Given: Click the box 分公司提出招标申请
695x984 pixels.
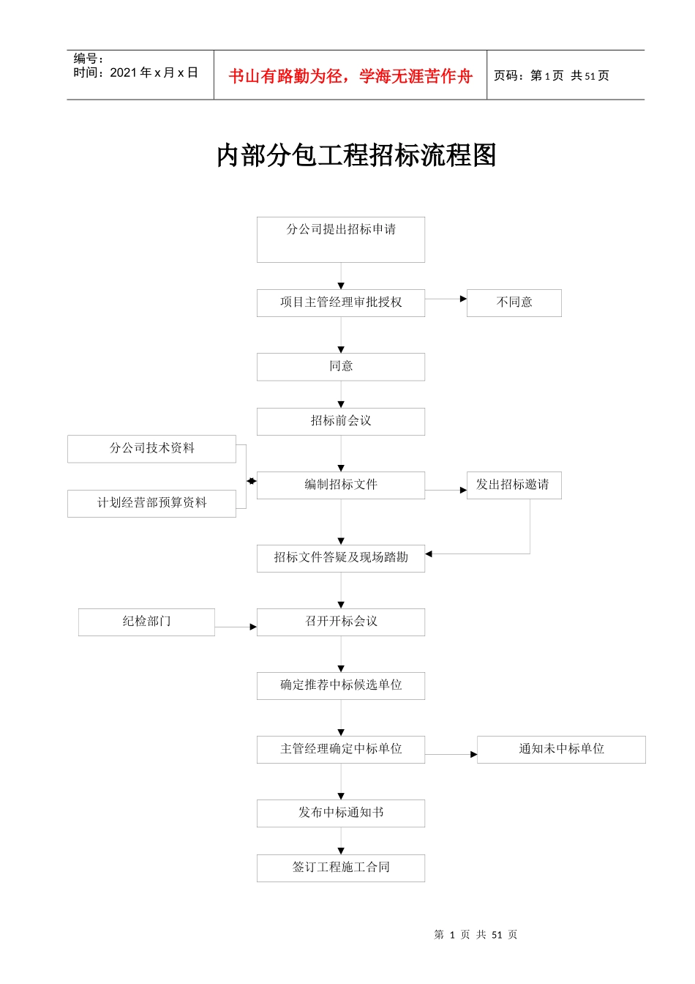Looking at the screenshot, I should [x=340, y=239].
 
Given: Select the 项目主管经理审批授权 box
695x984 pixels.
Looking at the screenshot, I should [x=340, y=302].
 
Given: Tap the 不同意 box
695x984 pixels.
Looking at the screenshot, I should [x=514, y=302].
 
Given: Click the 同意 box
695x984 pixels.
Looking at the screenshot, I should [x=340, y=366].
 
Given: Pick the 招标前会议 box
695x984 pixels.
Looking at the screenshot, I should [x=340, y=421].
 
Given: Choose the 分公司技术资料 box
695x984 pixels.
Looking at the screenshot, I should [x=151, y=448].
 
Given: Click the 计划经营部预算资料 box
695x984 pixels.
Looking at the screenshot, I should [x=151, y=503].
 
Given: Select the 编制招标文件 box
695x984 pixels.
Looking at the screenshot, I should [x=340, y=485].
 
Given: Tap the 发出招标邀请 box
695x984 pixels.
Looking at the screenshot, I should [x=514, y=485].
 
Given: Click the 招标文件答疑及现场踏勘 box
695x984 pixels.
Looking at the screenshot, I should [x=340, y=557].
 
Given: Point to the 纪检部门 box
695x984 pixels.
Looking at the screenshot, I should [x=146, y=622].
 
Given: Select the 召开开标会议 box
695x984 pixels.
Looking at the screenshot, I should [x=340, y=622].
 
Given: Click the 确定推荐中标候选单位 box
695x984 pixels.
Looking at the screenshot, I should [x=340, y=685].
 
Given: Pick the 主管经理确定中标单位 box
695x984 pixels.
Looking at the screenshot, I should [x=340, y=749].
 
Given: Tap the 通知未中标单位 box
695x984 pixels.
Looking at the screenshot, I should [x=561, y=749].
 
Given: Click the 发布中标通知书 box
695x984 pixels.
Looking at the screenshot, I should [x=340, y=813].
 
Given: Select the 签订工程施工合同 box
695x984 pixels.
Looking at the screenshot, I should [x=340, y=868].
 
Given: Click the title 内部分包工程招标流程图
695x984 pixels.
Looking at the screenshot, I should [x=356, y=155].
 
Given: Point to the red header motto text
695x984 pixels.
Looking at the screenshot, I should [x=350, y=76].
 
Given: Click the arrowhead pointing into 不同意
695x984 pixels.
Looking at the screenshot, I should [x=463, y=299].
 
